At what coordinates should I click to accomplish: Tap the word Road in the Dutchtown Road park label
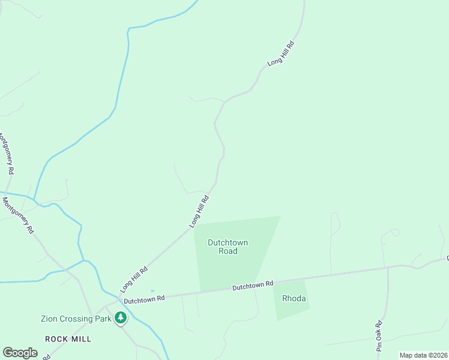tap(228, 251)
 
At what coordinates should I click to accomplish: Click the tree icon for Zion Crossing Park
tap(121, 317)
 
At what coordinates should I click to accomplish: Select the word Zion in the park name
tap(50, 319)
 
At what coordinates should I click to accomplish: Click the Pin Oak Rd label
tap(379, 337)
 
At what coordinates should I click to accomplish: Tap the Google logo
tap(20, 353)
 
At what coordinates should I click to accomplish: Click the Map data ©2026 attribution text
tap(423, 355)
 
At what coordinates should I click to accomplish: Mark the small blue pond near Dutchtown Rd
tap(152, 291)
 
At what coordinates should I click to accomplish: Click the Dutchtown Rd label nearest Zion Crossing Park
tap(143, 299)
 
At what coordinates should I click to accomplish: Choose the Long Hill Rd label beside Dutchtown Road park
tap(199, 211)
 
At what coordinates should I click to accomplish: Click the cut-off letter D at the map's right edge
tap(447, 258)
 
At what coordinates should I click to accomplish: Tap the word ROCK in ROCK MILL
tap(57, 339)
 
